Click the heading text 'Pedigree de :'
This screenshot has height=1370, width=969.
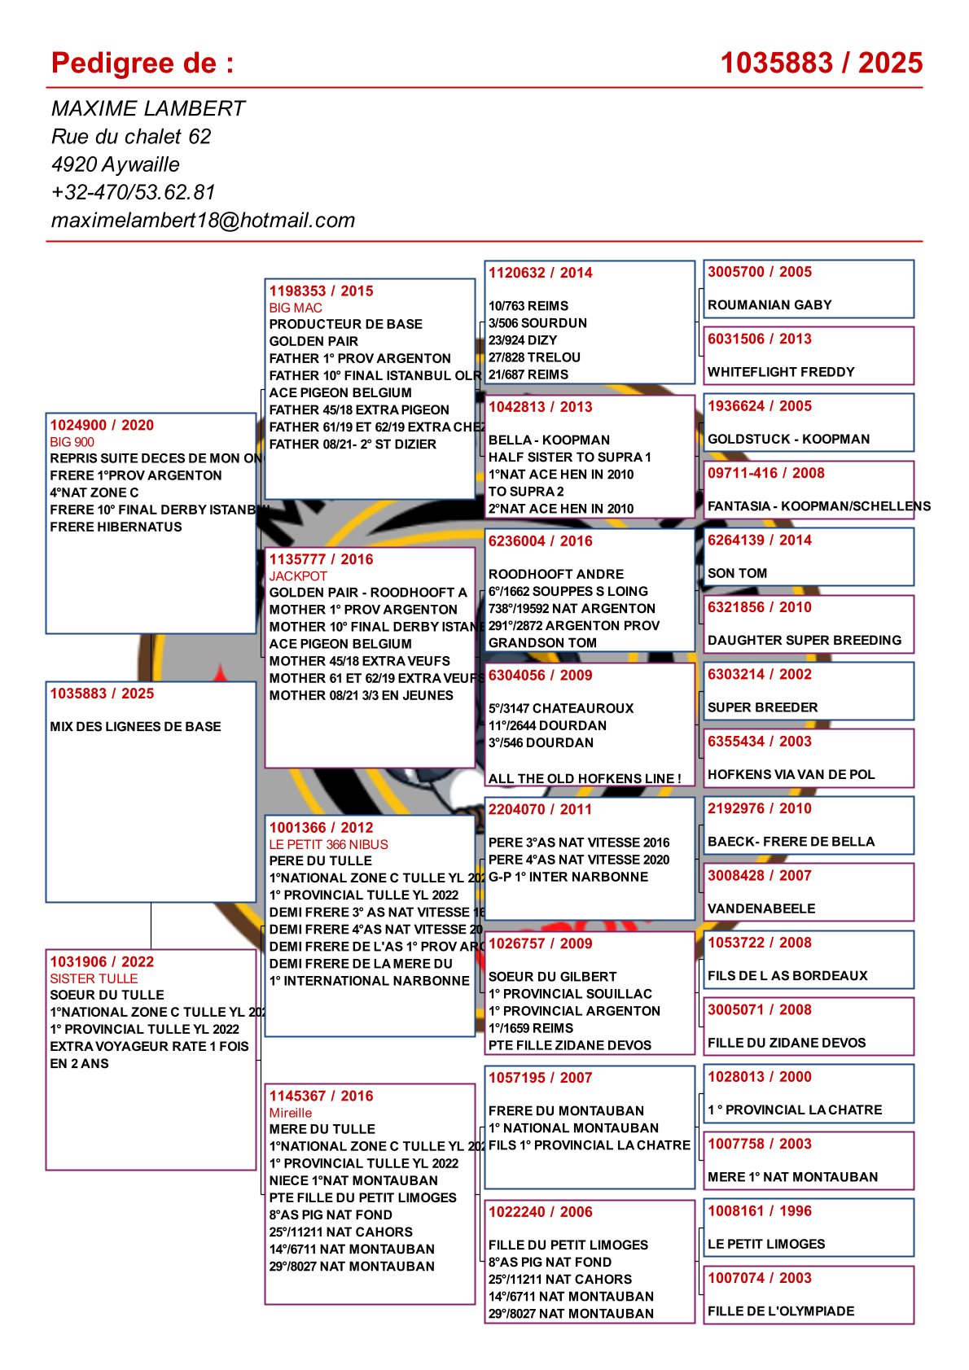coord(142,63)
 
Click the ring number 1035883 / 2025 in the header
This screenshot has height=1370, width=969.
coord(821,63)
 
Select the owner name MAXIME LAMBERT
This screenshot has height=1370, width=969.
coord(147,108)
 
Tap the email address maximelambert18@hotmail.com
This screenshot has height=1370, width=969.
coord(203,220)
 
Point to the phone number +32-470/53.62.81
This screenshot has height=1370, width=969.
coord(133,192)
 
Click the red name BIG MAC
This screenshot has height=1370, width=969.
coord(296,308)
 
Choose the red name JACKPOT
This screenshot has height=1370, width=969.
coord(298,576)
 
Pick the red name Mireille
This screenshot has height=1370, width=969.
coord(291,1113)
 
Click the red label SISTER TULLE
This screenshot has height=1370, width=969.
coord(94,978)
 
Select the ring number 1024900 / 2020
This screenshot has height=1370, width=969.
coord(102,425)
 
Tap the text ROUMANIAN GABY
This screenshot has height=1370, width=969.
coord(769,305)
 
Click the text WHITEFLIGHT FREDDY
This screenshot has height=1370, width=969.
coord(781,372)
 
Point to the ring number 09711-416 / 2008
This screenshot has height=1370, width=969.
coord(765,473)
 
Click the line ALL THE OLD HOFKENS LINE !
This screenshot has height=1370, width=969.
coord(585,778)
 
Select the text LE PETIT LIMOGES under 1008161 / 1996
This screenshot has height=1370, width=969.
coord(766,1244)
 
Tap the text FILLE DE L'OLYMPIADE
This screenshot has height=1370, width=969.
coord(781,1311)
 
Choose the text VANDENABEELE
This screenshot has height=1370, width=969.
coord(761,908)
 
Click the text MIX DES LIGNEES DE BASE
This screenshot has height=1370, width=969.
coord(135,726)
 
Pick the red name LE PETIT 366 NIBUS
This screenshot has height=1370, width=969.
coord(328,844)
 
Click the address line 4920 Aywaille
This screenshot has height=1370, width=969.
coord(116,164)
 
